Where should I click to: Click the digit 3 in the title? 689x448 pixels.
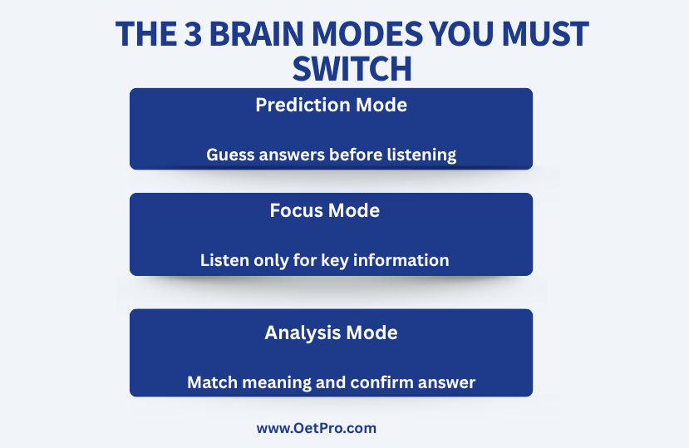193,34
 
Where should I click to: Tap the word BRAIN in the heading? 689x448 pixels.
256,34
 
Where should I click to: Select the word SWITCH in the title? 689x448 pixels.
352,69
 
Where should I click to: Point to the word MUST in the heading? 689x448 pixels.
545,34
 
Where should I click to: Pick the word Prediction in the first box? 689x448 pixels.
303,105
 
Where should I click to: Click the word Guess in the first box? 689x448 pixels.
230,155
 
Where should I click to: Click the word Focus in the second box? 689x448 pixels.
296,210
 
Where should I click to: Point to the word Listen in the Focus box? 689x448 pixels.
224,260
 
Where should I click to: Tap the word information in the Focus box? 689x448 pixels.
401,260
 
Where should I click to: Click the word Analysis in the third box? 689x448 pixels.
303,332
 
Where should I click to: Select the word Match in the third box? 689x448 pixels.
212,382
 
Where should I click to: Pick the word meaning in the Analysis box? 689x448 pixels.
277,383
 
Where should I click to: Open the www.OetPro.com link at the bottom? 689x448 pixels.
317,428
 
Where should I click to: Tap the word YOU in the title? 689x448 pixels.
461,34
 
